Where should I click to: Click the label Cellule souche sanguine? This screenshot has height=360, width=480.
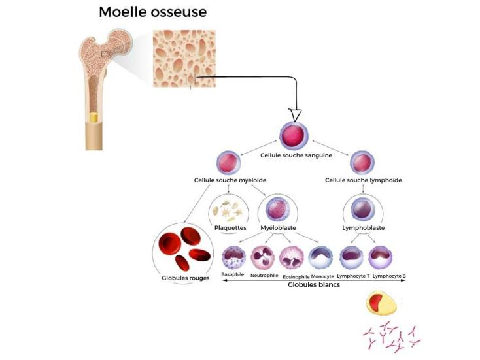pos(296,155)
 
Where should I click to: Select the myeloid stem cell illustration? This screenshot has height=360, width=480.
pos(228,163)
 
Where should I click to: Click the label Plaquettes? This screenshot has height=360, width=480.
pos(230,227)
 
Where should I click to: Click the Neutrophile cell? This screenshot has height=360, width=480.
pos(265,257)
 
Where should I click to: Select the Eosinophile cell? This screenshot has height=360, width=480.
pos(292,257)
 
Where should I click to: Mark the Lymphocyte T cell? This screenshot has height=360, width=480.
pos(353,257)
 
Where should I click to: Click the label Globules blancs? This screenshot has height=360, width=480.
pos(314,284)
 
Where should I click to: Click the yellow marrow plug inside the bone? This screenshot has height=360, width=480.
pos(94,119)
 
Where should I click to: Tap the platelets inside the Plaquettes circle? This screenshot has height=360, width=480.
pos(229,210)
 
